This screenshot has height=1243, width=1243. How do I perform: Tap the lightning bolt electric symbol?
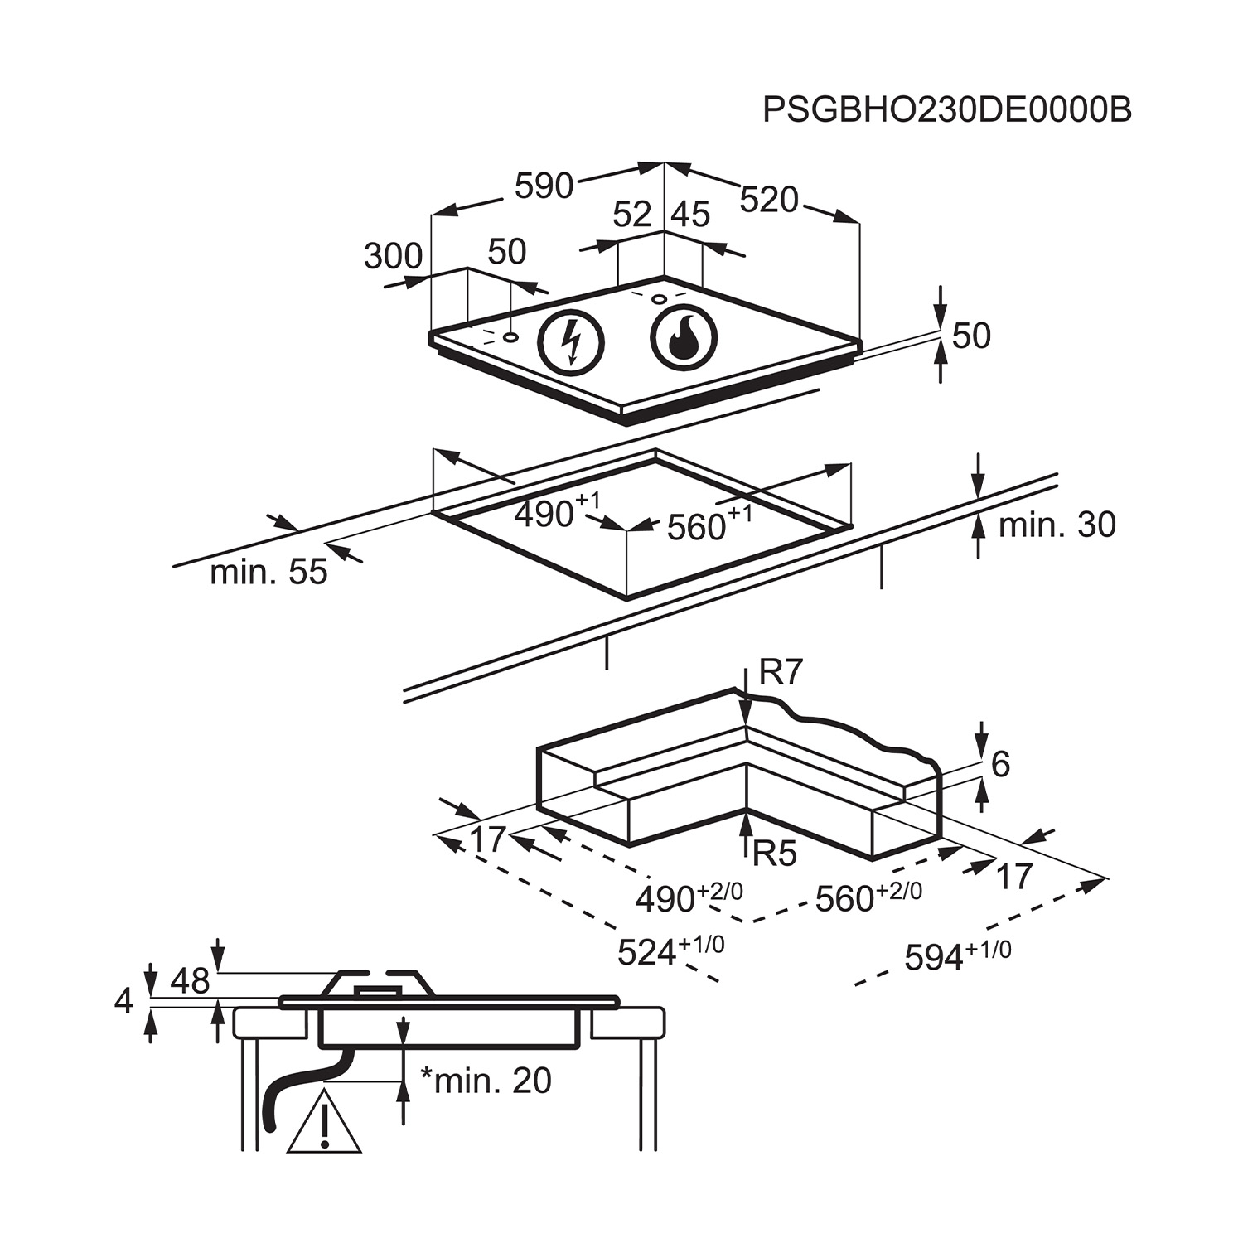click(571, 341)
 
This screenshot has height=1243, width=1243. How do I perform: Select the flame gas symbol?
click(684, 339)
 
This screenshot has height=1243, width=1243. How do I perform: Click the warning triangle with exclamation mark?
click(325, 1121)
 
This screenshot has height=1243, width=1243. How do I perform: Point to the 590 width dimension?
click(544, 186)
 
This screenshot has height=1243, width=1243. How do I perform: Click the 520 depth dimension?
click(768, 200)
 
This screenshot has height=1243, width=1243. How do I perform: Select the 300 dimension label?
click(393, 257)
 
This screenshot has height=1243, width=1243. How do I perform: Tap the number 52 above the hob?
click(632, 215)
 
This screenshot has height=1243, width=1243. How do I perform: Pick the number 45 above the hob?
click(690, 215)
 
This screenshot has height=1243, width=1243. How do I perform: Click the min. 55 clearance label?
click(268, 572)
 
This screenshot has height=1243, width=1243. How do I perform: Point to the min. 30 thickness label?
click(1057, 525)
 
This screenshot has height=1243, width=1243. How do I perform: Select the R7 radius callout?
click(781, 673)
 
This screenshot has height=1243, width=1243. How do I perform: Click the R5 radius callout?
click(775, 853)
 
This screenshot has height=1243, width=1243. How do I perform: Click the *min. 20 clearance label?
click(486, 1080)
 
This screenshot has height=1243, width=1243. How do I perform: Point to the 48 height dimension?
click(190, 981)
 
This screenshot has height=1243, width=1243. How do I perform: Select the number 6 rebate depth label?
click(1000, 764)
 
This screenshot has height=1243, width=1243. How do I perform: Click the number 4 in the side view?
click(123, 1001)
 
